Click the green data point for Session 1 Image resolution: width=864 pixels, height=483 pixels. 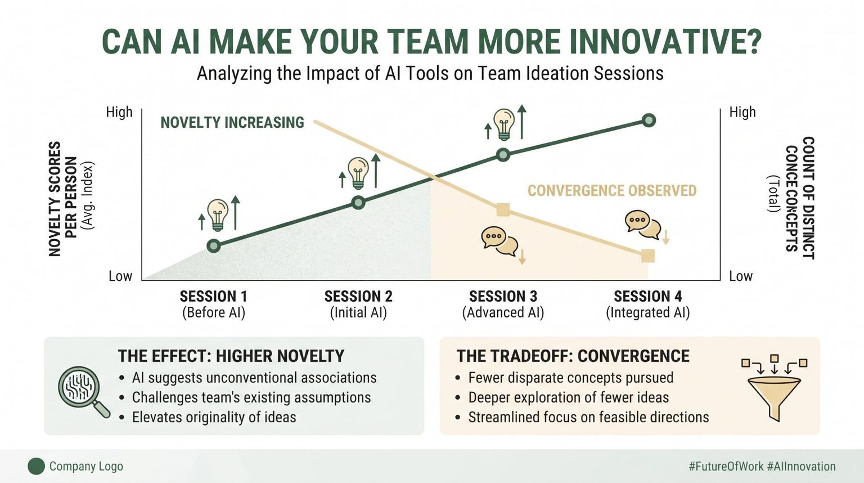point(214,245)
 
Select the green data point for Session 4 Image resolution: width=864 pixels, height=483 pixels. point(649,120)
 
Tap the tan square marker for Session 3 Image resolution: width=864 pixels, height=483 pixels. point(503,210)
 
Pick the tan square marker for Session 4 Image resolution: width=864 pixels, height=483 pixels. point(648,256)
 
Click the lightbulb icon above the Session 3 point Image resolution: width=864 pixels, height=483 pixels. point(504,124)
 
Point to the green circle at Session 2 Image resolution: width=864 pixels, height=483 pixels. point(358,202)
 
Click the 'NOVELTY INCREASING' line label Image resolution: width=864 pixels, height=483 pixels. point(232,122)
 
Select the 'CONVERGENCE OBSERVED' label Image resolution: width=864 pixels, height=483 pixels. point(612,191)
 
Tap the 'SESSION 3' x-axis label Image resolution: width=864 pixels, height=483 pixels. point(503,297)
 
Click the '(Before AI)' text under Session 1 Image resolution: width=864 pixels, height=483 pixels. point(214,312)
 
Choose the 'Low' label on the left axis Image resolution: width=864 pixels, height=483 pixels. point(120,276)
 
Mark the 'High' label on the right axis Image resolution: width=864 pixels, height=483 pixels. point(742,112)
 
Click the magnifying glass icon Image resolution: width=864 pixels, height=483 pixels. point(84,391)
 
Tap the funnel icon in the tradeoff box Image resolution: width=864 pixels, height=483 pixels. point(774,387)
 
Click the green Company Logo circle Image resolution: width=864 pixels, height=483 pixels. point(36,467)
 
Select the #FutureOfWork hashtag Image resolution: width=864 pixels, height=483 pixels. point(726,467)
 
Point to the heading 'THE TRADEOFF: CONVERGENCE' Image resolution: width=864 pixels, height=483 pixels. point(573,356)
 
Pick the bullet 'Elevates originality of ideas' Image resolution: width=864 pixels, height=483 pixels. point(214,417)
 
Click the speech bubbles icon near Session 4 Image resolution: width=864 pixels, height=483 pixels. point(642,225)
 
